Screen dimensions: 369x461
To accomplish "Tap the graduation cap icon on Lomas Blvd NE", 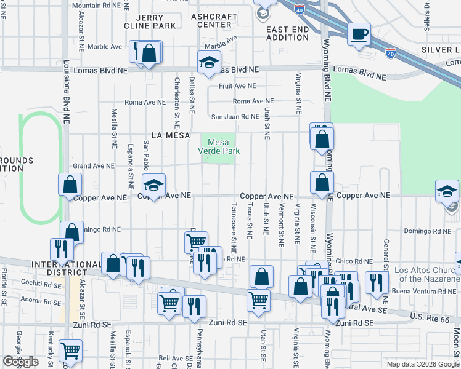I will [209, 62].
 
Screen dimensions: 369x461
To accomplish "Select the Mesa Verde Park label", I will [219, 146].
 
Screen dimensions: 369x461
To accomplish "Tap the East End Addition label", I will [287, 33].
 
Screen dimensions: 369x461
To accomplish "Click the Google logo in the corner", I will [20, 362].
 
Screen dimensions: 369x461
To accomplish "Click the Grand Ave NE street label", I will [94, 166].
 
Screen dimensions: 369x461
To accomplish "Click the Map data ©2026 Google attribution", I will [422, 364].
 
